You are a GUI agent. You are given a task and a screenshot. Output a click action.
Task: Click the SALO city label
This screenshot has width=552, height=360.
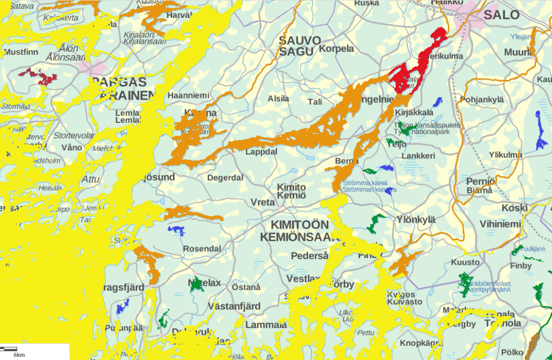coord(501,15)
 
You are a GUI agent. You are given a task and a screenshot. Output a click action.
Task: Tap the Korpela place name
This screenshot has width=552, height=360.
coord(337,49)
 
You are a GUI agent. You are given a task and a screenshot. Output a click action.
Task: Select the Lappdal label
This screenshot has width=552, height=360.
coord(261,152)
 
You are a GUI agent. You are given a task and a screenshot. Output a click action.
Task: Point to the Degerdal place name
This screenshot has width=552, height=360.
coord(225,177)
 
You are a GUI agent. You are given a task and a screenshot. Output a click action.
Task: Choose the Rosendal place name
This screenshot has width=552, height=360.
coord(202,249)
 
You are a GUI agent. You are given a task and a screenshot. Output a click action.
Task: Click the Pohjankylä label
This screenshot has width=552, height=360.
coord(481,99)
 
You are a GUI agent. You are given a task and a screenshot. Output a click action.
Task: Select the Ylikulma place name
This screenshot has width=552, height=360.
coord(505,155)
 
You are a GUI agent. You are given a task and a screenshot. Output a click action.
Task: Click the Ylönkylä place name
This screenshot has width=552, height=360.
coord(416,219)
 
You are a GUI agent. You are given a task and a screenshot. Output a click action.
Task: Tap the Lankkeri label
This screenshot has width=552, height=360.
coord(418,156)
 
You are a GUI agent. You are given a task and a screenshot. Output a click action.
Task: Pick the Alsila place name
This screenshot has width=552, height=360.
coord(279,99)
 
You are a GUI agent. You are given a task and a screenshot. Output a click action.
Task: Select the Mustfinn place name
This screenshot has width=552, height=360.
coord(21,53)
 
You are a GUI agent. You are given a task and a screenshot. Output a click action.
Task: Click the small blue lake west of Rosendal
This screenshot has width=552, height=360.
coord(176,231)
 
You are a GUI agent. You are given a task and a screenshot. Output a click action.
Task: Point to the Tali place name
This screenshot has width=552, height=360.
coord(315,101)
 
